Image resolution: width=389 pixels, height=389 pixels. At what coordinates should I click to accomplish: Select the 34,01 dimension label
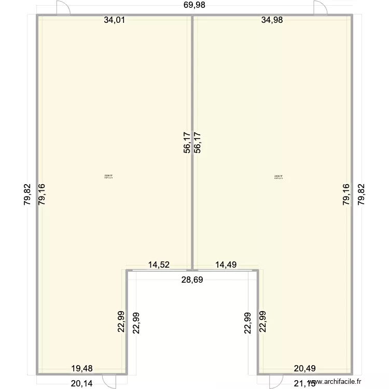click(114, 21)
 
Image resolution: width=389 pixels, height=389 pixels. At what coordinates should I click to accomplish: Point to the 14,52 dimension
click(159, 265)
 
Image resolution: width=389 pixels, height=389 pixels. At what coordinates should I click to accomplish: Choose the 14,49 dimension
click(226, 265)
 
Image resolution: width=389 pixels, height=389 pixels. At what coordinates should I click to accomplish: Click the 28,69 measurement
click(192, 280)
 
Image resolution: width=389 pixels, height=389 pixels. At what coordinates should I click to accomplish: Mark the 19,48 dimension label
click(82, 369)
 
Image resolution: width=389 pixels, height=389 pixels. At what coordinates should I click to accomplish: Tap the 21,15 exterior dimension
click(305, 384)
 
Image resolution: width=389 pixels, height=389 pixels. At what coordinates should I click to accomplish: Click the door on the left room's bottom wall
click(108, 380)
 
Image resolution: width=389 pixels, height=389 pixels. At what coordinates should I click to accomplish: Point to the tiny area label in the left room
click(108, 176)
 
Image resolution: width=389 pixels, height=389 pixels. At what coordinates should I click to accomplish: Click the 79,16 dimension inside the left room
click(42, 195)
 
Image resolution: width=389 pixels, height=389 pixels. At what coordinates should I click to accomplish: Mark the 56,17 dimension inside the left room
click(187, 142)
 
